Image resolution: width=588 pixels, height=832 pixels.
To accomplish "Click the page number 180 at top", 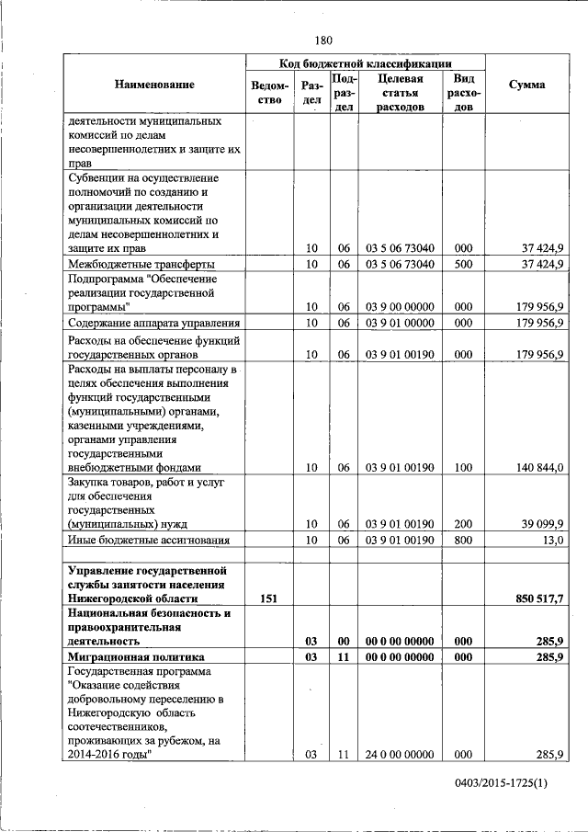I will coord(322,40).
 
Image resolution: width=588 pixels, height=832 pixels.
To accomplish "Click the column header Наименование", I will coord(154,85).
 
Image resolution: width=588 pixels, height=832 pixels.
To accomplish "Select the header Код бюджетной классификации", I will coord(365,63).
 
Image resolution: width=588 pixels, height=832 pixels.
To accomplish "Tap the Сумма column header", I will coord(526,85).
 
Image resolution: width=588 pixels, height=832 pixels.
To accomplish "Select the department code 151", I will coord(268,598).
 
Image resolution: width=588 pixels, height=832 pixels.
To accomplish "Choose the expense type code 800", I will coord(463,541).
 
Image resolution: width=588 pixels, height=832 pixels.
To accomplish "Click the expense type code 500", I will coord(463,264).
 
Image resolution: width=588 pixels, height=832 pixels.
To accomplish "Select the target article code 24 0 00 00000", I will coord(400,755).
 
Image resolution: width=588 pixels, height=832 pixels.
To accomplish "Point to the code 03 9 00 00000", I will coord(400,306).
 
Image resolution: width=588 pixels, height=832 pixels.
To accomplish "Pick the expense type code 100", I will coord(463,468).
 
